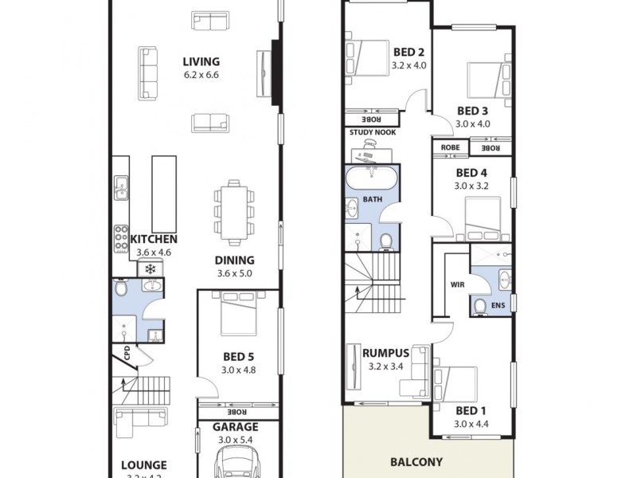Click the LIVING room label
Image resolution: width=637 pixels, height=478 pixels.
tap(201, 62)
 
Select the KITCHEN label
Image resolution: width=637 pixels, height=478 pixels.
tap(154, 239)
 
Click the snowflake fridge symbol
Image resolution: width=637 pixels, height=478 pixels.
tap(149, 269)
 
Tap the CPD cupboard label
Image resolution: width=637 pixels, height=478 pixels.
tap(125, 354)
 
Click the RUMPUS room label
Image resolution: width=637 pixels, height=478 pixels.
tap(386, 353)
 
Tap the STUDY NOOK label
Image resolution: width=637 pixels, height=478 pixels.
tap(372, 132)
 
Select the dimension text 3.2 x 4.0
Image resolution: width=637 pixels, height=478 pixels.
tap(410, 66)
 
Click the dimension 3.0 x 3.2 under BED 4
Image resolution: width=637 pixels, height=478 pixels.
tap(471, 186)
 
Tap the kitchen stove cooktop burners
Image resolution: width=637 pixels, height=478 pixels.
tap(122, 237)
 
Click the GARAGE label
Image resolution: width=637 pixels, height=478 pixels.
tap(235, 426)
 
